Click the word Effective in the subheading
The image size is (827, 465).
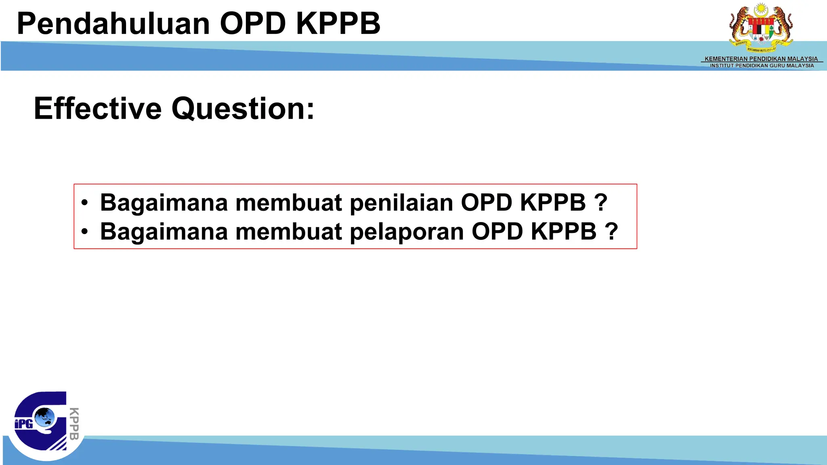98,109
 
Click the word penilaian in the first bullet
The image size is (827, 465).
401,203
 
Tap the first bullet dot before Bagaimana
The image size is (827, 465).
84,203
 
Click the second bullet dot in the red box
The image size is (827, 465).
84,232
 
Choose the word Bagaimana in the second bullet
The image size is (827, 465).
164,232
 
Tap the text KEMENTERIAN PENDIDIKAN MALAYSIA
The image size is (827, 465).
761,59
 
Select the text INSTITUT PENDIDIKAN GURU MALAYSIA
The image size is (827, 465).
762,65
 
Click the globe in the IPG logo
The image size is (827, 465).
44,417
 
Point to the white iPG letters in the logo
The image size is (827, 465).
23,424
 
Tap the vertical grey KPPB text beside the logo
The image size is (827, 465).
74,423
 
